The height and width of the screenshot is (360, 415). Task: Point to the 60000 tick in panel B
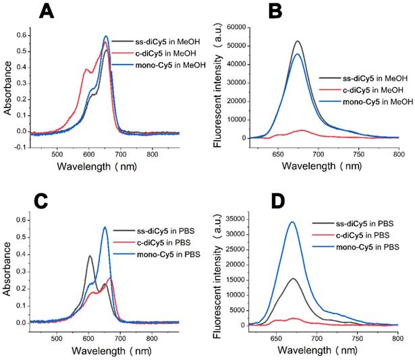[232, 26]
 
